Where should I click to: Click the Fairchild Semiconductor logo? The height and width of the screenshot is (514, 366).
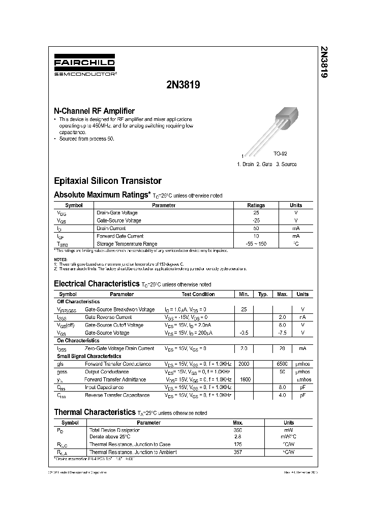tap(84, 67)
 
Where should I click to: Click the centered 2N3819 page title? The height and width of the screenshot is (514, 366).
tap(182, 85)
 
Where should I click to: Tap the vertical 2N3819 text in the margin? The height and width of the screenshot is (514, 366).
tap(323, 62)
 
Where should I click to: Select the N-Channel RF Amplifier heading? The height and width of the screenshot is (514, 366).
tap(94, 111)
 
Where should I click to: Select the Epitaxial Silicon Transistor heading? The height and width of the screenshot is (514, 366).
tap(108, 181)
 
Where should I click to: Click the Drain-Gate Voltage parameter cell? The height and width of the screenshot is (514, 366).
tap(117, 213)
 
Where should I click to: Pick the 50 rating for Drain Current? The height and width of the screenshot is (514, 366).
tap(256, 228)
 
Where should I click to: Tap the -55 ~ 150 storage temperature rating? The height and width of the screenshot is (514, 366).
tap(256, 244)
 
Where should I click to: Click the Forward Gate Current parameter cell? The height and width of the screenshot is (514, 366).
tap(120, 236)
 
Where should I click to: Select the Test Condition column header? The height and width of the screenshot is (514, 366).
tap(198, 294)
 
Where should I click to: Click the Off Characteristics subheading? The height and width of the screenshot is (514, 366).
tap(78, 302)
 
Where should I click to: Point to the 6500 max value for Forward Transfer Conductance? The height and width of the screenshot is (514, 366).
tap(282, 364)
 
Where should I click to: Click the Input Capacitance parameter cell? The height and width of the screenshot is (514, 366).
tap(105, 387)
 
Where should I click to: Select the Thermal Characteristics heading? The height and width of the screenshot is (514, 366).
tap(95, 412)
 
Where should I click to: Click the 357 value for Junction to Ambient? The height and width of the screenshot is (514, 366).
tap(237, 452)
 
